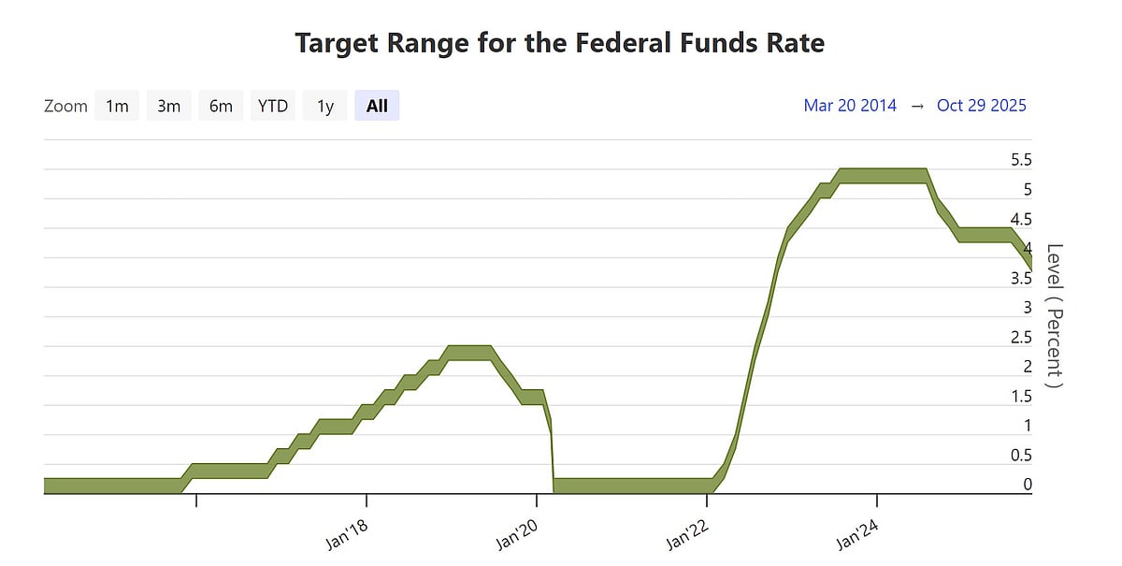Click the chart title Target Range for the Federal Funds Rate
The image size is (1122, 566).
560,43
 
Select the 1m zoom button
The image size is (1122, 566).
117,106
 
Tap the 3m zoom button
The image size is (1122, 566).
168,106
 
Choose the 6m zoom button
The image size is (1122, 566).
221,106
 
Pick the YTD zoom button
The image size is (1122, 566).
273,106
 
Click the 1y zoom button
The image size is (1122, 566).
324,106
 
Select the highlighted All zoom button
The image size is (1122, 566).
377,106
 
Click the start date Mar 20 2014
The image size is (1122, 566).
850,106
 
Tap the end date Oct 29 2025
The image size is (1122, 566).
981,106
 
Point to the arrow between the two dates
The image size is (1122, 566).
917,106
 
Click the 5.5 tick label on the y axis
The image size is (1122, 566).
1021,160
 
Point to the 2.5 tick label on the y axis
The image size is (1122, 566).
1021,337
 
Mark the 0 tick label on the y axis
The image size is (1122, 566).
1028,485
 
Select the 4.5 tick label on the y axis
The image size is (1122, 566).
1021,219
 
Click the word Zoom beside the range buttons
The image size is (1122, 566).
65,106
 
